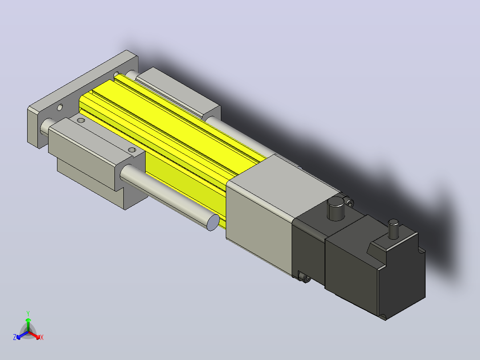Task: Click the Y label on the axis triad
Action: (x=28, y=313)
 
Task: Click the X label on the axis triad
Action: (x=42, y=337)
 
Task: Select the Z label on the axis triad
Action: (x=15, y=337)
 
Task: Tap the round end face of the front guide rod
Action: (x=213, y=222)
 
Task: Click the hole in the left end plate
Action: (x=60, y=107)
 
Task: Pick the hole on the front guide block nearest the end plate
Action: (x=81, y=120)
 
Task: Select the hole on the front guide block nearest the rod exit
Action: (x=132, y=150)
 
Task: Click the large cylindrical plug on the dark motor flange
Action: (x=336, y=209)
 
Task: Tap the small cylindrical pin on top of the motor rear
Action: (x=393, y=229)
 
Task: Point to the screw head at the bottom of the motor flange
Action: (x=305, y=278)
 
